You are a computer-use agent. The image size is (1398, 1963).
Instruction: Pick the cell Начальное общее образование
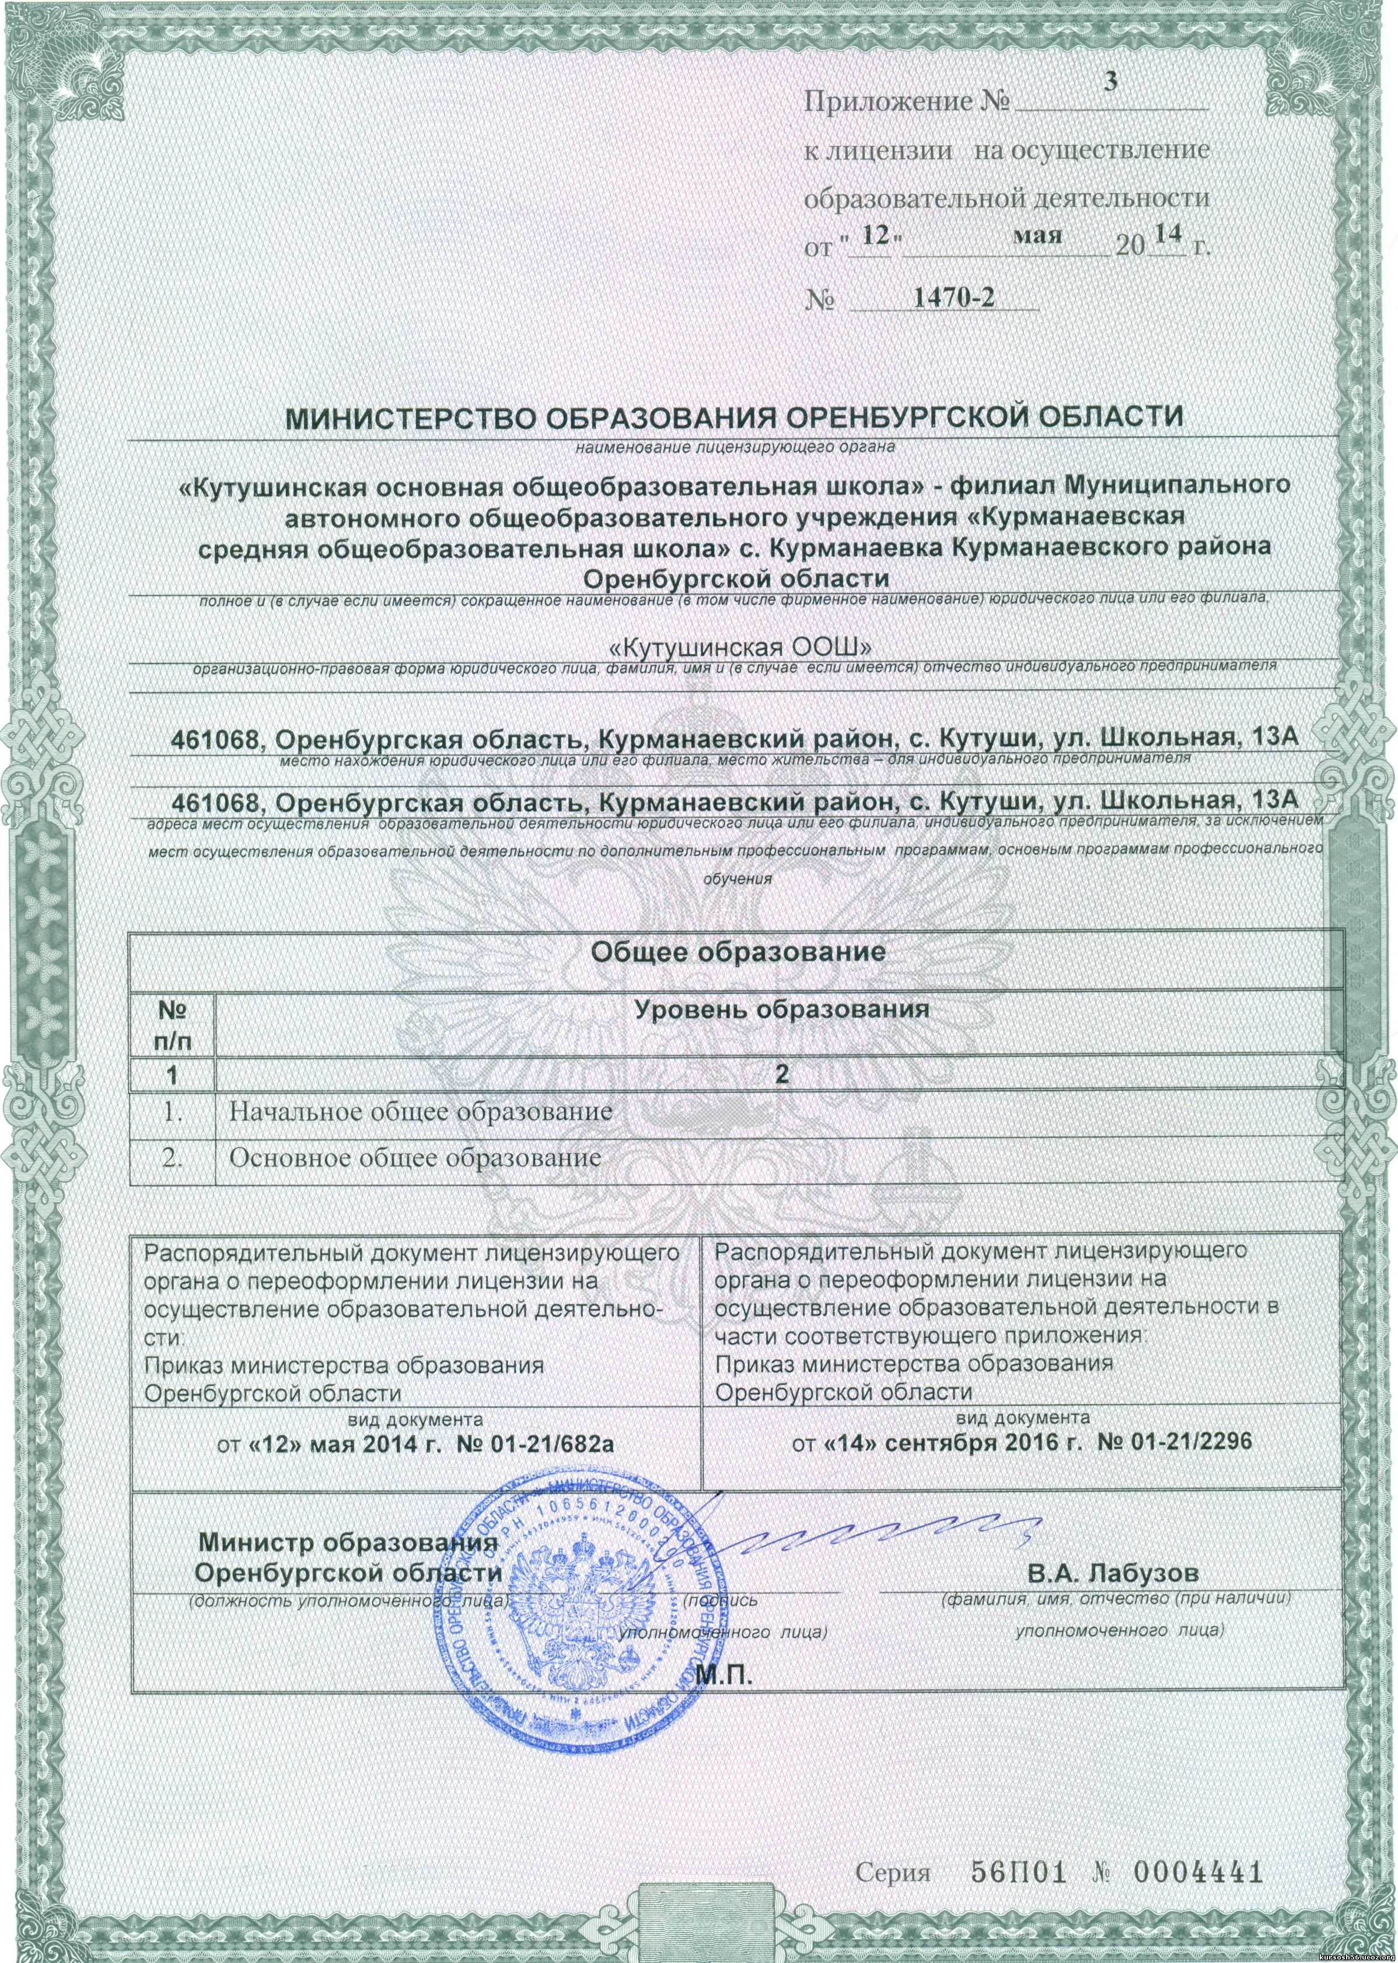click(420, 1112)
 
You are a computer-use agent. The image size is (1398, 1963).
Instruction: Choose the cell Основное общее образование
click(415, 1157)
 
